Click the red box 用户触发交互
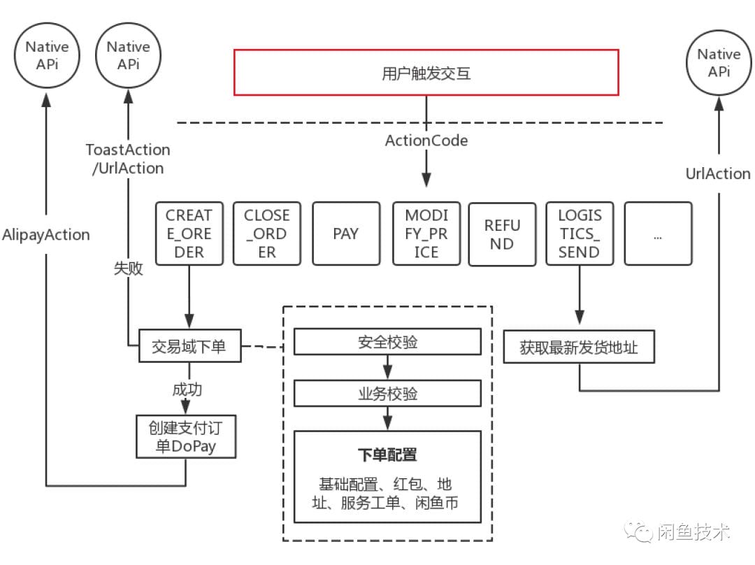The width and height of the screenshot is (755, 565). [426, 72]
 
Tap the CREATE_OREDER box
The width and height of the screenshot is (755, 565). [189, 234]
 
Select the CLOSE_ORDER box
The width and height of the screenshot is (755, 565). [267, 234]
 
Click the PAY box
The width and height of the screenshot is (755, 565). [346, 234]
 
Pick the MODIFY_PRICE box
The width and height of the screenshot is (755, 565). [426, 234]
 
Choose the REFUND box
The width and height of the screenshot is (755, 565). [502, 234]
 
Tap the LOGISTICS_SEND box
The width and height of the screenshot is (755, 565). [580, 234]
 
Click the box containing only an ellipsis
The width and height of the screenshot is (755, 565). [658, 234]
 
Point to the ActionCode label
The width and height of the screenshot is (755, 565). [426, 141]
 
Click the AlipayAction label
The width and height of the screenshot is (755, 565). [46, 234]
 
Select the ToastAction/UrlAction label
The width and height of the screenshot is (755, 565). [128, 159]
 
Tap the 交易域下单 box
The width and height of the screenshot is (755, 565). [189, 346]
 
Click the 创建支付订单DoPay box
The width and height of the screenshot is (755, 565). [185, 436]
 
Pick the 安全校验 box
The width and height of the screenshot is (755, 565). [387, 342]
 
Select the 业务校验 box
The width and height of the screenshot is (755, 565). [387, 393]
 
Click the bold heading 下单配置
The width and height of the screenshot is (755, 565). [387, 455]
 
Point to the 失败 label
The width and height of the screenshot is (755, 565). [128, 269]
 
